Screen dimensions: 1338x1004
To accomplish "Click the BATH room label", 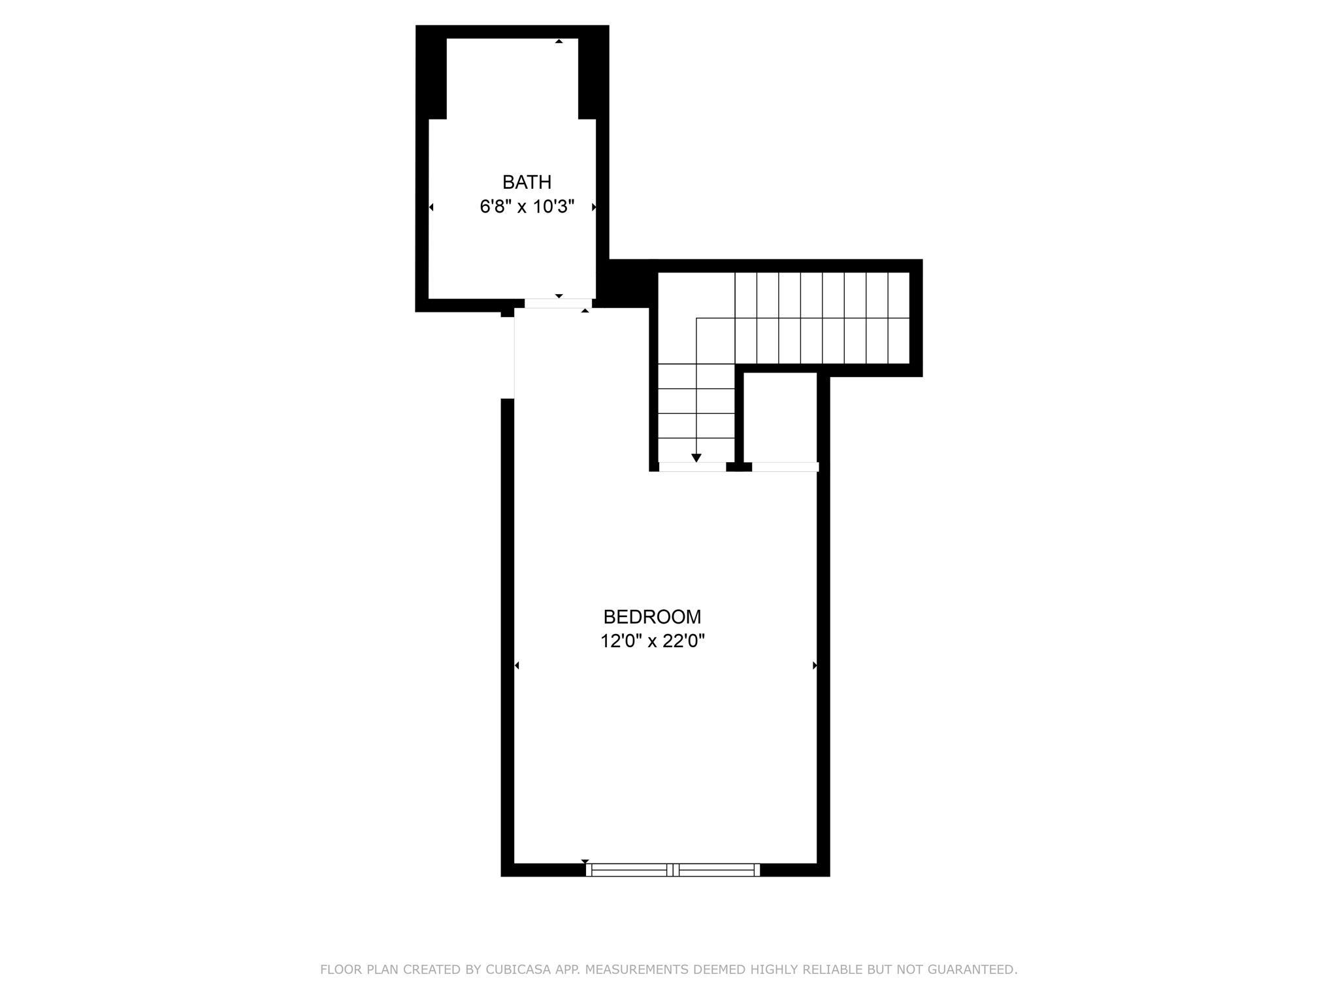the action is tap(527, 182).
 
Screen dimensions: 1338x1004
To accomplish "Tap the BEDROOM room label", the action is tap(652, 617).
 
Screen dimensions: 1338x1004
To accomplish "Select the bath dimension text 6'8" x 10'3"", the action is tap(527, 207).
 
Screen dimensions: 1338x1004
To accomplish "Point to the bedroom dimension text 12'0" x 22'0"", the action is tap(652, 641).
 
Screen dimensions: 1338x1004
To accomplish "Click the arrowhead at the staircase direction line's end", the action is tap(696, 458).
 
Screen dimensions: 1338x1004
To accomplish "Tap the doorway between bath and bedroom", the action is tap(558, 303).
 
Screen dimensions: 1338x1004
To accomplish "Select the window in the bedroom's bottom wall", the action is tap(673, 869).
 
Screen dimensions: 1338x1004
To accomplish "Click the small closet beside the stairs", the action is tap(781, 417).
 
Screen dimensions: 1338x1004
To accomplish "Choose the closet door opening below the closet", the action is tap(785, 467).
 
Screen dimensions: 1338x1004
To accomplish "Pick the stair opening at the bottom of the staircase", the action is tap(693, 467).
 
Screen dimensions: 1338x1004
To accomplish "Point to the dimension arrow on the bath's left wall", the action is tap(431, 207).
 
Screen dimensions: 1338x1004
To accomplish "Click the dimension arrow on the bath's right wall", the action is tap(594, 207).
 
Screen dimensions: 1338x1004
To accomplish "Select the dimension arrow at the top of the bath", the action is tap(559, 41).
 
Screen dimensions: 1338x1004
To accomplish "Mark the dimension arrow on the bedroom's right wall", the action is tap(815, 665).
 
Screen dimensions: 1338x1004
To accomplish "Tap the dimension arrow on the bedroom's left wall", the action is tap(517, 665).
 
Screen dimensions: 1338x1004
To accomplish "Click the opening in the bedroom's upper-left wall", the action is tap(508, 358).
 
